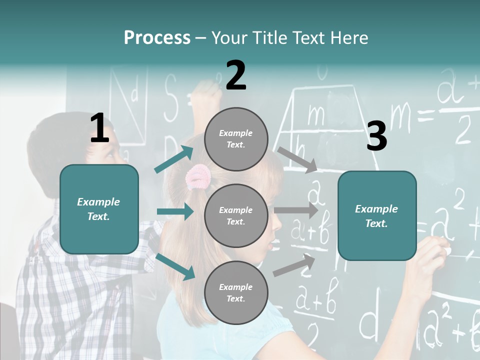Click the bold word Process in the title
tap(157, 38)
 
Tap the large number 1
tap(99, 128)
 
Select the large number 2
tap(236, 75)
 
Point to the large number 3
tap(376, 136)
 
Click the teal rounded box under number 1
tap(99, 209)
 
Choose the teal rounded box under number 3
tap(377, 215)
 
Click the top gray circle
tap(236, 139)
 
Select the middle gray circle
tap(236, 215)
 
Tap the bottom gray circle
tap(236, 292)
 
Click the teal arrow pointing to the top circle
tap(174, 159)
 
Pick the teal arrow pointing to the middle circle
tap(175, 211)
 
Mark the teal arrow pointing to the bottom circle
tap(175, 266)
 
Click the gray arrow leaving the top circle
tap(297, 159)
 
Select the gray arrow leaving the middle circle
tap(296, 210)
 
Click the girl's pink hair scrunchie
tap(199, 175)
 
